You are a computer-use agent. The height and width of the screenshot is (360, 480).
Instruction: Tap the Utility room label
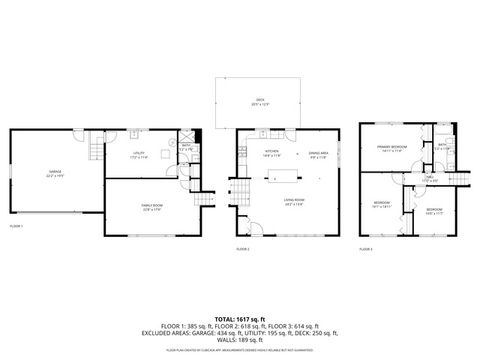coord(139,156)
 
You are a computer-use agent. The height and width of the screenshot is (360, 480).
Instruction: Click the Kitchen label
coord(270,153)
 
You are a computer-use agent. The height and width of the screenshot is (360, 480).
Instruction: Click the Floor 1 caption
coord(16,227)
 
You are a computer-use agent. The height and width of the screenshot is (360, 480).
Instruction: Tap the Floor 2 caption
coord(242,248)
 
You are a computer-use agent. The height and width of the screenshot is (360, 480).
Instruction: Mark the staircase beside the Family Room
coord(205,200)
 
